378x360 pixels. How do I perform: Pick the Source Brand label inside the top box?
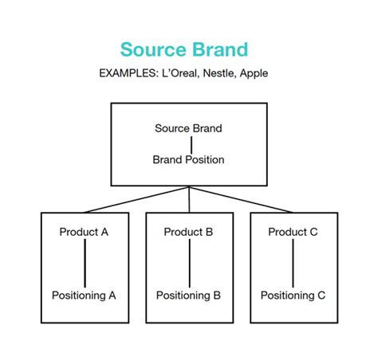(x=189, y=127)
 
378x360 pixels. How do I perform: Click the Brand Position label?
(x=189, y=159)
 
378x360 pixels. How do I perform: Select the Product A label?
(x=84, y=233)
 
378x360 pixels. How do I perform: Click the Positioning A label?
(x=84, y=295)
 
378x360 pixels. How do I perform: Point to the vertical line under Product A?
(x=85, y=264)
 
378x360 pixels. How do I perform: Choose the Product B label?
(x=188, y=233)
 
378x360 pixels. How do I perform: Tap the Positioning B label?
(x=188, y=295)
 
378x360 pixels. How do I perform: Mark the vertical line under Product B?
(x=189, y=264)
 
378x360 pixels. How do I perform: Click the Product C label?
(x=293, y=233)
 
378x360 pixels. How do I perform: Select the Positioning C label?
(x=293, y=295)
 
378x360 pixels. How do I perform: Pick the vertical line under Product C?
(x=293, y=264)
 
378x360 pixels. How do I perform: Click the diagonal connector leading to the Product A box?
(x=136, y=199)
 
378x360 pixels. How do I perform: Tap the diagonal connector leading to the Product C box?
(x=242, y=199)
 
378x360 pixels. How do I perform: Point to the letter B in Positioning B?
(x=216, y=295)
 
